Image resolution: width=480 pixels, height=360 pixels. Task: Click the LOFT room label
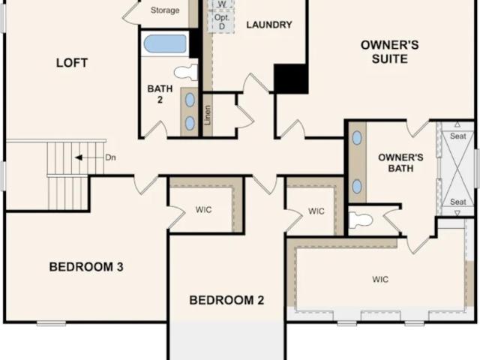72,63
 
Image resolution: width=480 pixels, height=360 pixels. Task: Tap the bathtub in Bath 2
165,43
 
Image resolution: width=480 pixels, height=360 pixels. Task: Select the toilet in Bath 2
186,72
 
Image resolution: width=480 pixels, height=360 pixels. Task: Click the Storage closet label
165,10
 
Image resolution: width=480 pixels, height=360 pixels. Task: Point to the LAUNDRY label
269,25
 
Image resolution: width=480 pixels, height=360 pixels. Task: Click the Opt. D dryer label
222,22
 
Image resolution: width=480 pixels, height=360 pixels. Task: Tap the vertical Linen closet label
208,115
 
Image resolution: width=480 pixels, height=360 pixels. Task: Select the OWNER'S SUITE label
390,52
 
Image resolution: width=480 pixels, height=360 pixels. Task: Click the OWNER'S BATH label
400,163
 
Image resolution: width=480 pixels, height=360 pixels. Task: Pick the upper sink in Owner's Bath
357,138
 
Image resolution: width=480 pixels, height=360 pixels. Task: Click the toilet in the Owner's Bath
361,220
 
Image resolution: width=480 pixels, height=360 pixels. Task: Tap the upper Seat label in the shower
458,136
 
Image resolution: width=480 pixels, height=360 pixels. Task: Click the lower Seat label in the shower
458,202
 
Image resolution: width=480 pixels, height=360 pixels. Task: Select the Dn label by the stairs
110,157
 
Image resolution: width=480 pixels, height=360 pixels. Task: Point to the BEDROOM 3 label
86,267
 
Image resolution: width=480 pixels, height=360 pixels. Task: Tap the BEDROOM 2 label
226,300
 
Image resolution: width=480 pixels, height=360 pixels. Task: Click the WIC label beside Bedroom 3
203,210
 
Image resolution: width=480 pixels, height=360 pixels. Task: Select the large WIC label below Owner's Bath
380,279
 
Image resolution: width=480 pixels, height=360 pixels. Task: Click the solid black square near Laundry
291,79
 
